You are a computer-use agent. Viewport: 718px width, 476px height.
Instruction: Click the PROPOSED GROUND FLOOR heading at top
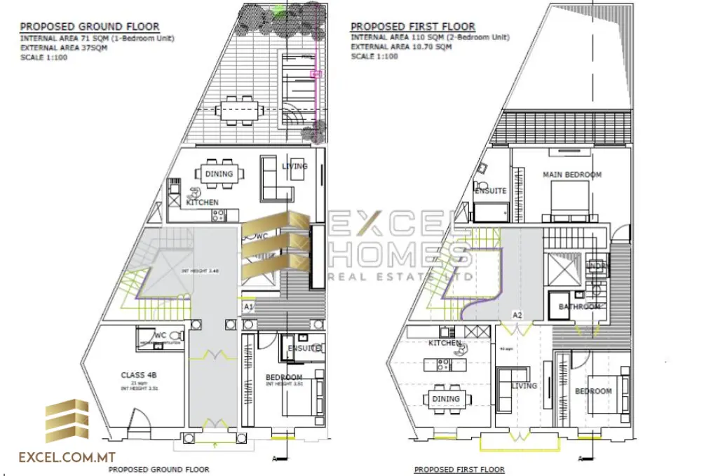tap(89, 27)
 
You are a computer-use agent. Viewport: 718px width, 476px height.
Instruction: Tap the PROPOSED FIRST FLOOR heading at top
tap(412, 27)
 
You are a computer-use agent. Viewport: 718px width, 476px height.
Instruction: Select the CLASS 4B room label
tap(137, 375)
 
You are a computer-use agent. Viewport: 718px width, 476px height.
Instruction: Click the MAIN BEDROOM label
tap(572, 175)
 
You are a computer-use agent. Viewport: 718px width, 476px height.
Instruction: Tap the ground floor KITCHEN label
tap(202, 203)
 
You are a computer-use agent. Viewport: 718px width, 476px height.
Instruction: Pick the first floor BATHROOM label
tap(579, 307)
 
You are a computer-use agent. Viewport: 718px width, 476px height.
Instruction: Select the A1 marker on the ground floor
tap(248, 307)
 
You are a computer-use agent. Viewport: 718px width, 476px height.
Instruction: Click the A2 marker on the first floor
tap(517, 315)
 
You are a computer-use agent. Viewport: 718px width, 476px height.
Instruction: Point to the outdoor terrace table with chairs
tap(238, 110)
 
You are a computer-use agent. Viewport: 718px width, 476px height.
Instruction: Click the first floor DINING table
tap(445, 399)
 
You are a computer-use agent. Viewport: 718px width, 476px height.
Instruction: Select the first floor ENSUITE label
tap(490, 191)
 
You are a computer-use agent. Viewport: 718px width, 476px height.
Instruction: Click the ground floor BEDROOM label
tap(284, 378)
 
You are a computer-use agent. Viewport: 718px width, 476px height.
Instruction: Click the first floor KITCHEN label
tap(445, 344)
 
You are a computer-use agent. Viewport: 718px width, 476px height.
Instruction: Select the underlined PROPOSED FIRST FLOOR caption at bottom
tap(459, 470)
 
